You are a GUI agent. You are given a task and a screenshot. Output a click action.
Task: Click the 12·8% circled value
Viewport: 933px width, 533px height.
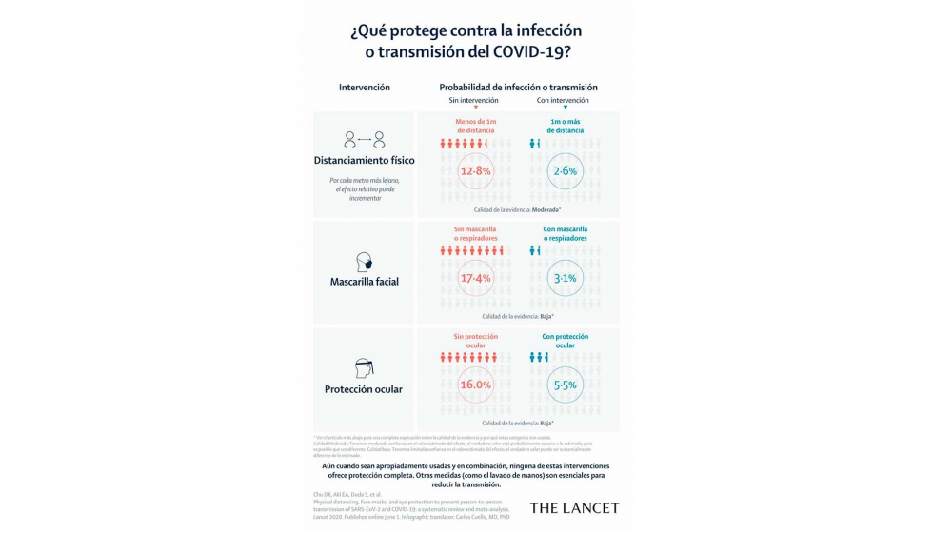475,171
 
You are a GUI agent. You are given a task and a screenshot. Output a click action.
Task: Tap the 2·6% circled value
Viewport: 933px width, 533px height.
566,171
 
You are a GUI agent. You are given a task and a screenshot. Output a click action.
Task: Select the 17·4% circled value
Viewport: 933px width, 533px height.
475,278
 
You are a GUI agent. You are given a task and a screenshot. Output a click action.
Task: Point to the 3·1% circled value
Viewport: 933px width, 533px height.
566,278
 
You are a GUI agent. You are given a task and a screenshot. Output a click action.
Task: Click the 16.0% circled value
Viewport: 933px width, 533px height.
475,385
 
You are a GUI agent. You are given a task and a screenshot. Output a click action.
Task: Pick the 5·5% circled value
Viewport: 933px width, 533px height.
566,385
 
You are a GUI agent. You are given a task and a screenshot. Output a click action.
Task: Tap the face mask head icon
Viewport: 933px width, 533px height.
364,263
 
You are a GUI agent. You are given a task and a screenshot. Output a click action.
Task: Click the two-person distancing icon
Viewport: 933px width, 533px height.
364,139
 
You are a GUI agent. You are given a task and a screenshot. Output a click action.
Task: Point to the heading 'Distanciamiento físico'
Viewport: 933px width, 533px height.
364,160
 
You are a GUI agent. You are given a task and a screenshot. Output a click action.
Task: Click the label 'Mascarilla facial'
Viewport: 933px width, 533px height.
364,282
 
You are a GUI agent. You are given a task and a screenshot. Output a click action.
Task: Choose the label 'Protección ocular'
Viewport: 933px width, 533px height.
364,389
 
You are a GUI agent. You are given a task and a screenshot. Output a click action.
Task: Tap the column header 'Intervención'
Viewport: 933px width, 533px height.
364,87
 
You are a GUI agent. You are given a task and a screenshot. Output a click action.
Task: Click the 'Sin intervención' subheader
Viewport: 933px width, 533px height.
475,100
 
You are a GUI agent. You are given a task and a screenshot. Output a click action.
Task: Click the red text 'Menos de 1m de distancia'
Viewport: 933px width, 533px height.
475,125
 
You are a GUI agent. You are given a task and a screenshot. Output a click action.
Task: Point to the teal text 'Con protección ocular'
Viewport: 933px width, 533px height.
566,341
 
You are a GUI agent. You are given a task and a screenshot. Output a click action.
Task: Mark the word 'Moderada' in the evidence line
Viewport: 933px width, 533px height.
545,209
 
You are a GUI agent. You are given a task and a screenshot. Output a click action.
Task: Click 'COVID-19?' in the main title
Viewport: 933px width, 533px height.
534,51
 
